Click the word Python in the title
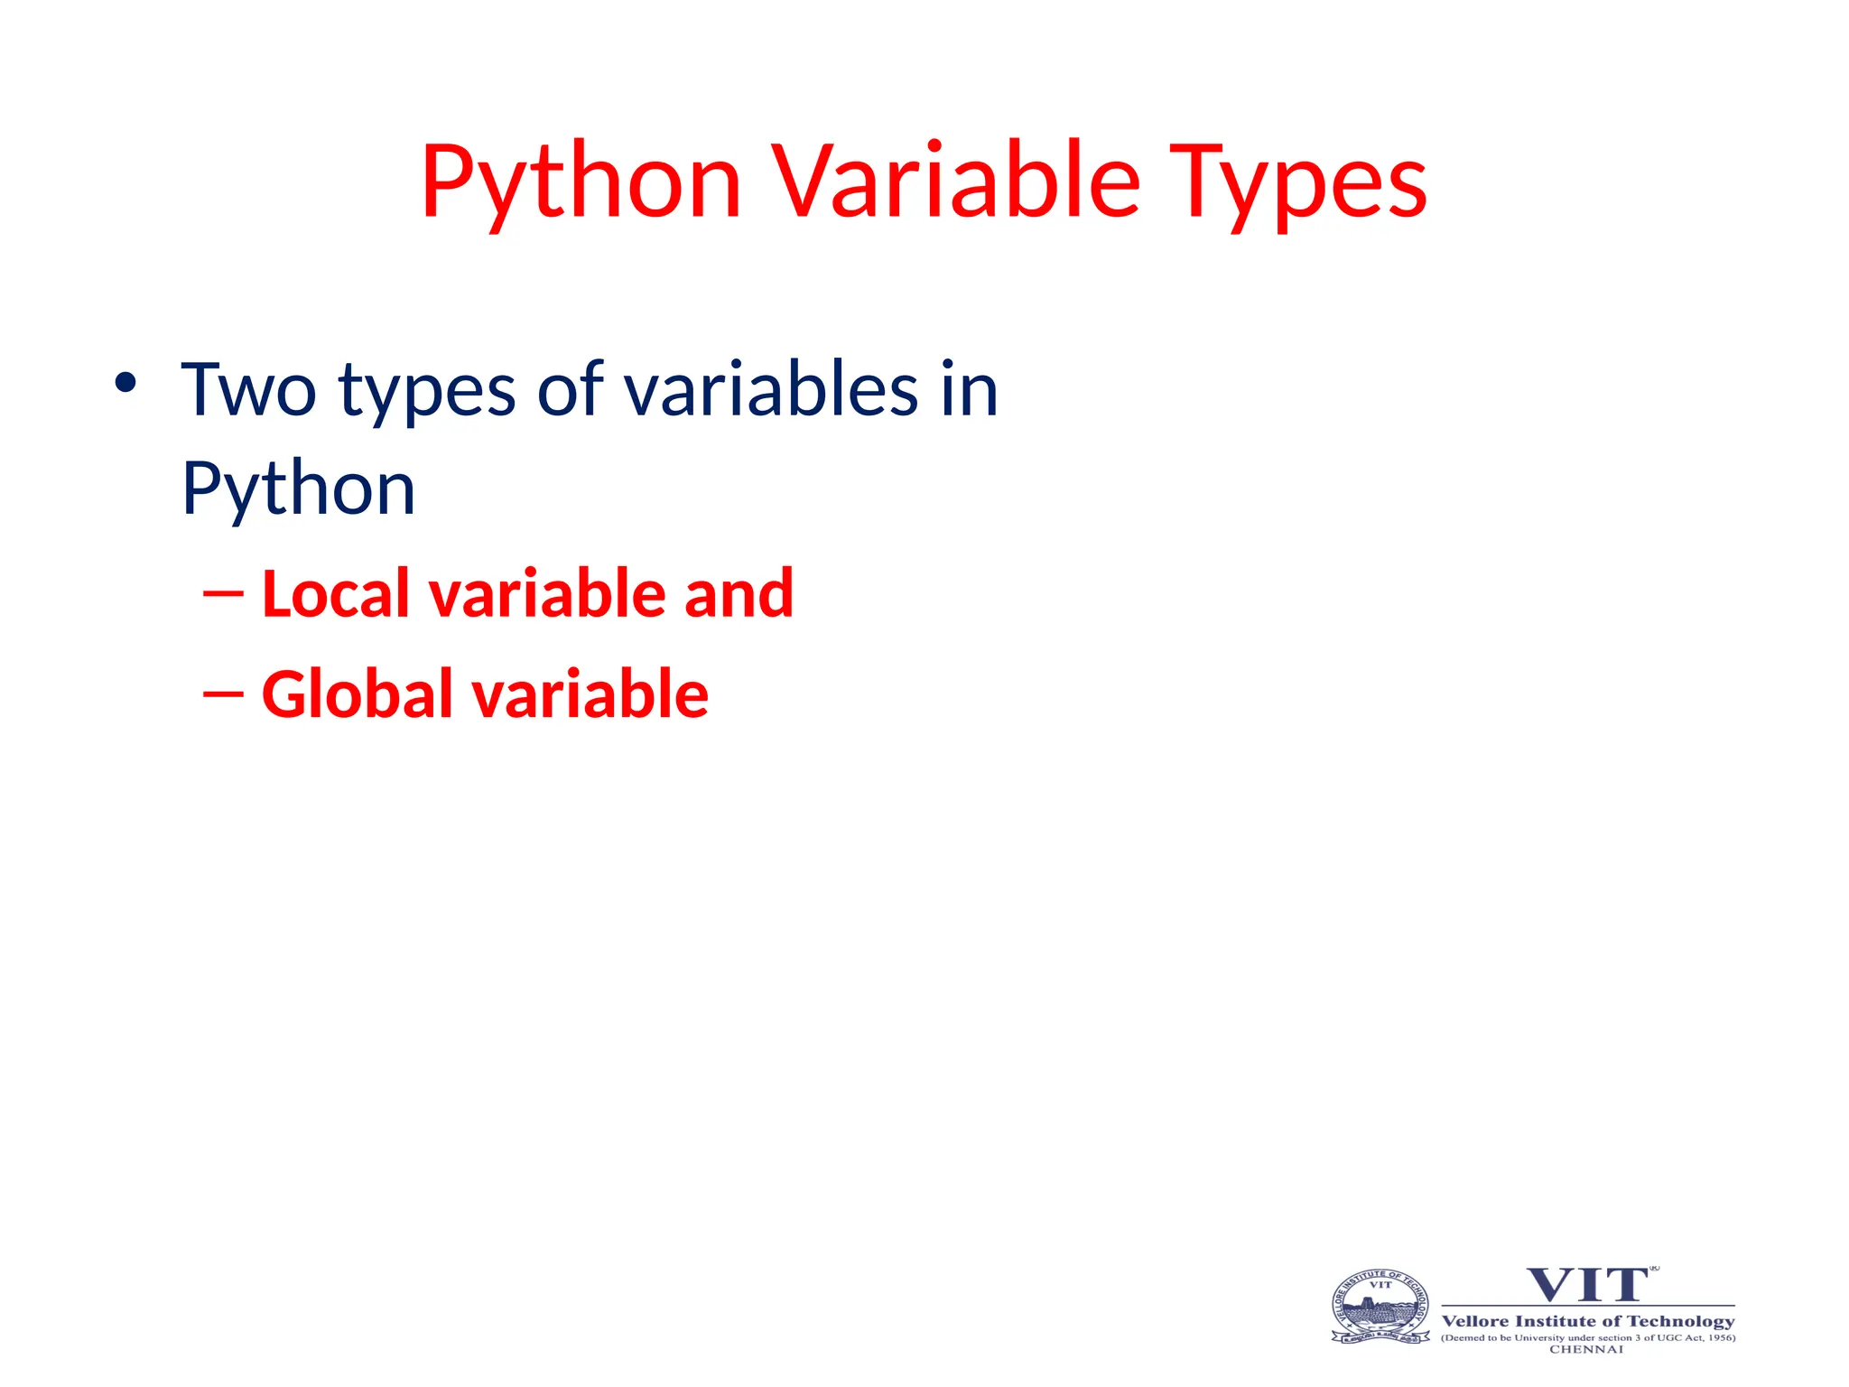coord(581,182)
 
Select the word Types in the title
coord(1297,182)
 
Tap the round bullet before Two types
coord(125,384)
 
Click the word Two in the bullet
coord(248,390)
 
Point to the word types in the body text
coord(427,390)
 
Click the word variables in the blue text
coord(771,390)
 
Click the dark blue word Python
coord(298,489)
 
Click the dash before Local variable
coord(223,593)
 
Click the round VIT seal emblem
coord(1380,1307)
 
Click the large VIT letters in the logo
coord(1586,1285)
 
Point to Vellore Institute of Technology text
coord(1587,1321)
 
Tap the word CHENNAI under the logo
coord(1586,1349)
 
